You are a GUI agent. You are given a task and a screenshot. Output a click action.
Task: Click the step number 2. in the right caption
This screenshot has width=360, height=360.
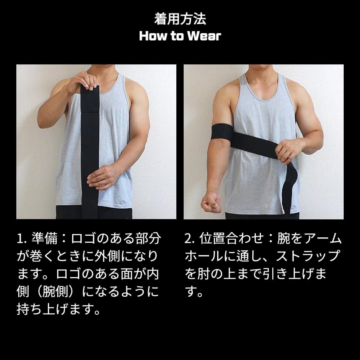tap(190, 239)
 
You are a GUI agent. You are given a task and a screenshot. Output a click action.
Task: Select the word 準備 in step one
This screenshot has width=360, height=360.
tap(44, 238)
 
